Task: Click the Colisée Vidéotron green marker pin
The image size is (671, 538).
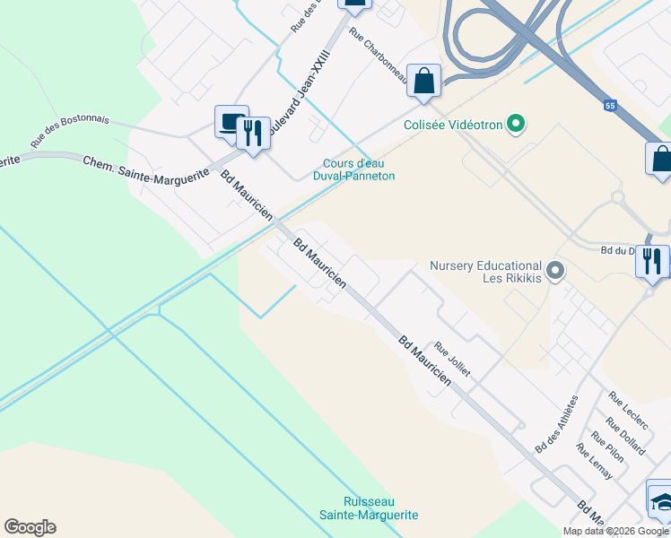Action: pos(516,124)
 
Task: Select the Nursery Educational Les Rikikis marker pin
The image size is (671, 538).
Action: pos(555,269)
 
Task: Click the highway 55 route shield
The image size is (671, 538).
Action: pos(611,106)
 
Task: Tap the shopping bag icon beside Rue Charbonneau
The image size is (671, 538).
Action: pos(423,81)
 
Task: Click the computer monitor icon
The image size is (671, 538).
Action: pos(231,121)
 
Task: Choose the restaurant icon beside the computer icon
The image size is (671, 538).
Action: pos(254,134)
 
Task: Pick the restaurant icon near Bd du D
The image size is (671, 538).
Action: pos(652,261)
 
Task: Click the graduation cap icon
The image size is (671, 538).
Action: pos(661,499)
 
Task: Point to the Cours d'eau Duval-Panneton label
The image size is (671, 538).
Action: pos(359,169)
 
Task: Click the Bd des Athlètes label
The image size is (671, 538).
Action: pos(556,423)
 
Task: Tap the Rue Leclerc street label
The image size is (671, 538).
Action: pos(627,408)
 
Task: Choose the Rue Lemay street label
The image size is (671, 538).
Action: pos(595,461)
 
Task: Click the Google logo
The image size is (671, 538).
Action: pos(30,527)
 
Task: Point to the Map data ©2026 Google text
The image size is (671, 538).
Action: pos(614,531)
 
